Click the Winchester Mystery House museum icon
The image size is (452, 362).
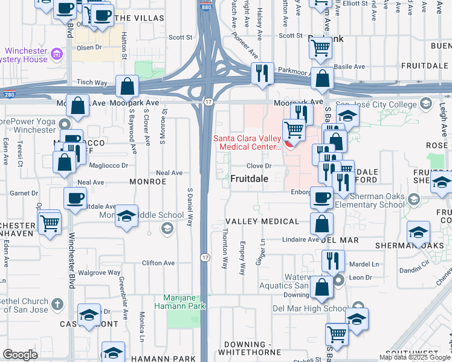coord(58,56)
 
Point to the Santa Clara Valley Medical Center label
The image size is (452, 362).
coord(248,142)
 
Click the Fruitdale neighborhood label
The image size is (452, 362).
coord(249,179)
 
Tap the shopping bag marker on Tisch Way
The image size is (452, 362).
coord(128,87)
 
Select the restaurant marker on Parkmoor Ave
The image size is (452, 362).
coord(262,74)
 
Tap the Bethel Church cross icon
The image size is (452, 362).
coord(57,303)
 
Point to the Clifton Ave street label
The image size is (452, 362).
coord(158,263)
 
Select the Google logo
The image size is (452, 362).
coord(20,355)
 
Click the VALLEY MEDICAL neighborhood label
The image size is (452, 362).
coord(262,221)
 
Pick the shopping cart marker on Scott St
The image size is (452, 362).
coord(320,46)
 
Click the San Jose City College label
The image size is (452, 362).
coord(376,104)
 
